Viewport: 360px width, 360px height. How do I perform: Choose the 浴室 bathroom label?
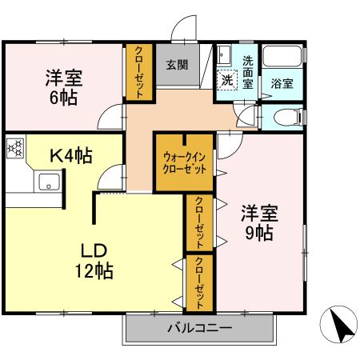tap(282, 82)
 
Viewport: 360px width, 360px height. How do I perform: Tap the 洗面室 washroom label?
tap(248, 71)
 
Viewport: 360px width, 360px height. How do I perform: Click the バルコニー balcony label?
tap(199, 329)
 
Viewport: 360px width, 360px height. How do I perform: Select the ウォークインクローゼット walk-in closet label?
tap(184, 162)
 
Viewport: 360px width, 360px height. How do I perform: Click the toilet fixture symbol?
tap(285, 117)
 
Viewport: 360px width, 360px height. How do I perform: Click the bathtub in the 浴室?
tap(282, 59)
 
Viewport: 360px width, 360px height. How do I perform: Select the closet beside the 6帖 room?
tap(138, 72)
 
